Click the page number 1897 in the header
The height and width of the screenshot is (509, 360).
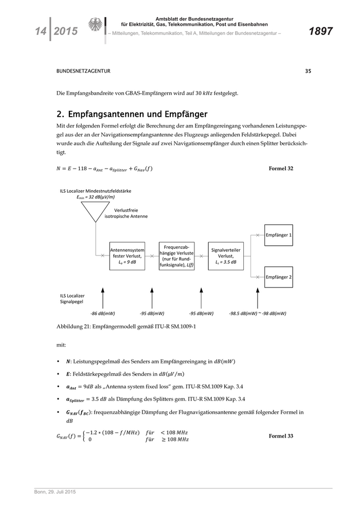[320, 32]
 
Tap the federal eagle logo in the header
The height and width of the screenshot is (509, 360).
[95, 25]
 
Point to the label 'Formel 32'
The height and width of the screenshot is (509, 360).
[281, 168]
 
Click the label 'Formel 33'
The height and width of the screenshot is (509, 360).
[281, 436]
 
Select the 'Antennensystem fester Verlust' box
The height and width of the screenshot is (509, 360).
[127, 256]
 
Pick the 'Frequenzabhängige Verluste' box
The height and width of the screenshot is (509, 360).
[176, 256]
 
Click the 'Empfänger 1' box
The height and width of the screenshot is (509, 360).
[278, 235]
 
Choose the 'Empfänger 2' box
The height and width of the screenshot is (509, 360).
[278, 277]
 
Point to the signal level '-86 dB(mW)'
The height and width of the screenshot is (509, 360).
[102, 313]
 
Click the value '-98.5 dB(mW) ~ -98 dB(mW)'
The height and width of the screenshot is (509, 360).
[258, 313]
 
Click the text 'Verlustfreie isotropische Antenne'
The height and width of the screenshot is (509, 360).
[126, 213]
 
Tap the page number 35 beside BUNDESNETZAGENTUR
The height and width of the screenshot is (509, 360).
[308, 71]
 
